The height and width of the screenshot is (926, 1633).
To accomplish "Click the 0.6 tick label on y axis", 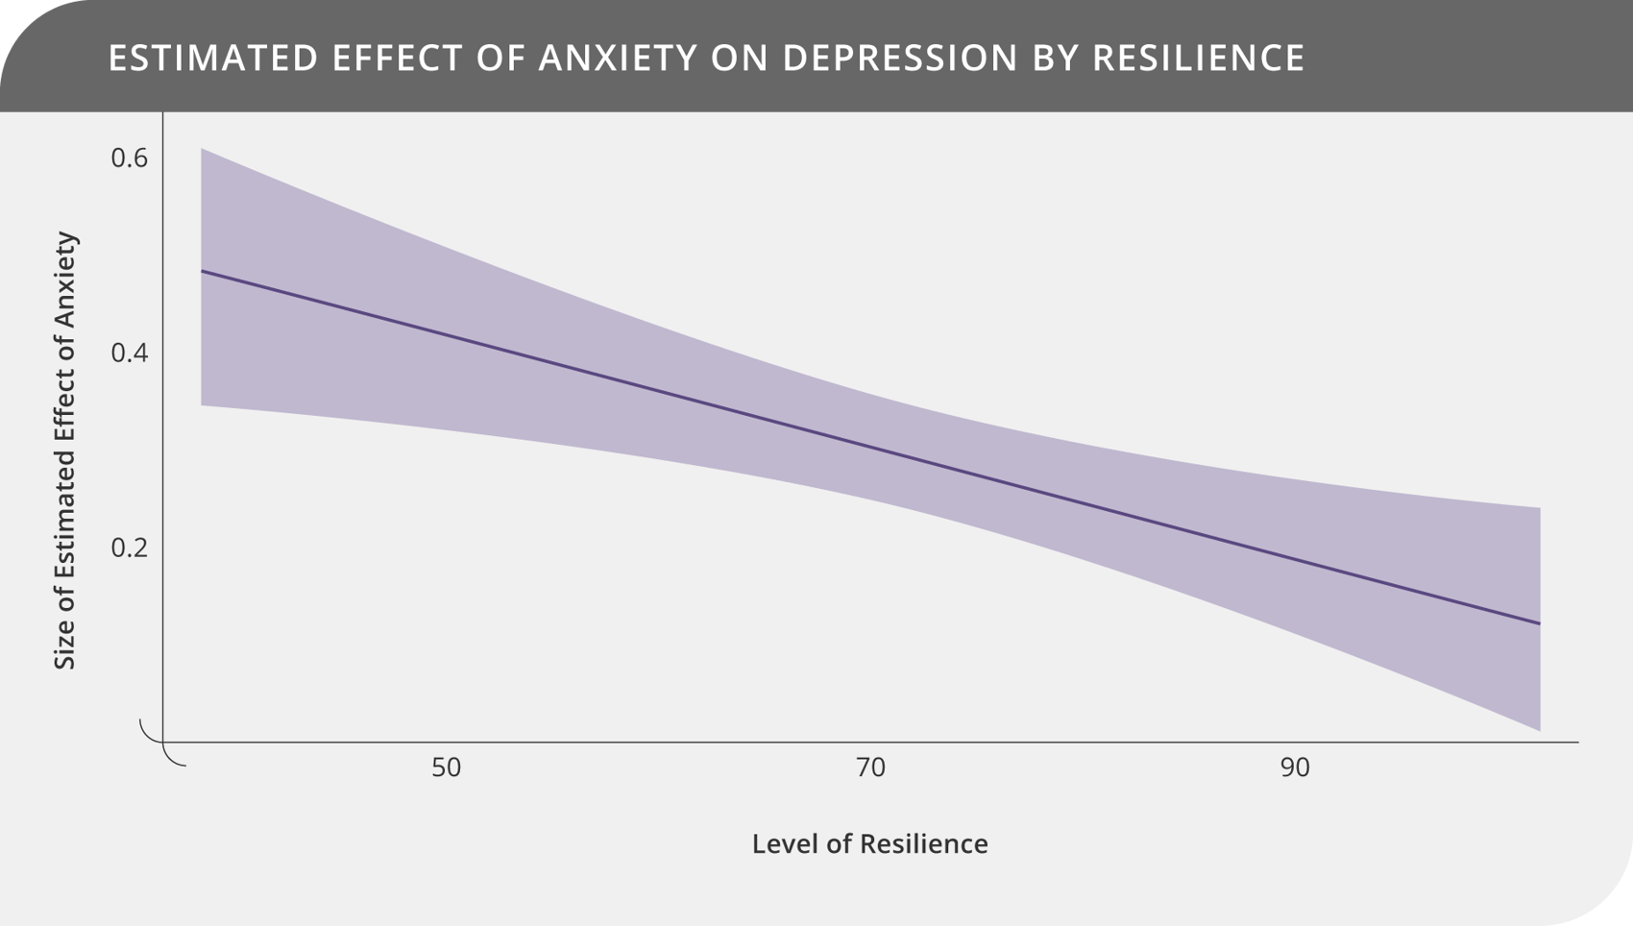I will (x=130, y=158).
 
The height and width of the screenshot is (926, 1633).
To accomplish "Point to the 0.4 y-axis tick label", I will (x=130, y=353).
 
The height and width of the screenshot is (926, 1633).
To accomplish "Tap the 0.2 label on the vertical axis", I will (x=130, y=548).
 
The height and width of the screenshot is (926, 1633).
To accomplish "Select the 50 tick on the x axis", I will (x=446, y=768).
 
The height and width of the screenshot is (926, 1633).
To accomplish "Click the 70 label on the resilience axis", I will (x=870, y=768).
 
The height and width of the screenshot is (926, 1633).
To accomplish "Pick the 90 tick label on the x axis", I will (x=1294, y=768).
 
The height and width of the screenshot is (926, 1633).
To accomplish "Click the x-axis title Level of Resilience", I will (x=869, y=843).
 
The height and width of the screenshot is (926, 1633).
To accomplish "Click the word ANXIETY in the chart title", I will (x=618, y=58).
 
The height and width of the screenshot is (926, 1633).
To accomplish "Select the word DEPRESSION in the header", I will (x=900, y=58).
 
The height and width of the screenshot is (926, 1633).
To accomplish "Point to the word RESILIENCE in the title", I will (x=1198, y=58).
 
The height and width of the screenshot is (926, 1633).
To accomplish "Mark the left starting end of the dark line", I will (x=202, y=272).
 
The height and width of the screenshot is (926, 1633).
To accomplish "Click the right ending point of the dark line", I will (x=1539, y=623).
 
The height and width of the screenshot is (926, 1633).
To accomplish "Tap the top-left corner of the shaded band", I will (x=203, y=150).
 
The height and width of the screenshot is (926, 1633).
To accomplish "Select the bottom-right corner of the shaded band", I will (x=1539, y=729).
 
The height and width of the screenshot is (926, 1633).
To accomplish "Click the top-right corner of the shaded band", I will (x=1539, y=509).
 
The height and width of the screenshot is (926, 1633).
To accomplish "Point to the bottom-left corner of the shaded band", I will (x=203, y=403).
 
